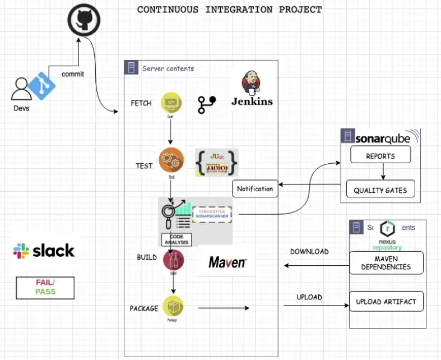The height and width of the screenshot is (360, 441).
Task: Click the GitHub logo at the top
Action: (83, 21)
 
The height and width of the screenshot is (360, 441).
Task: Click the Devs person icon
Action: (21, 89)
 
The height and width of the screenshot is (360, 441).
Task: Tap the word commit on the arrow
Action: (73, 74)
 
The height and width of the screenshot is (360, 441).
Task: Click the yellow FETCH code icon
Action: (171, 103)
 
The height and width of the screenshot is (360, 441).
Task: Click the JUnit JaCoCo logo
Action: (216, 163)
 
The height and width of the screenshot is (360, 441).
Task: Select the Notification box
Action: (255, 189)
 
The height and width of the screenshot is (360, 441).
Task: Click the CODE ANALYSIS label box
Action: (177, 239)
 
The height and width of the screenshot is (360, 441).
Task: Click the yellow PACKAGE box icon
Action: (173, 306)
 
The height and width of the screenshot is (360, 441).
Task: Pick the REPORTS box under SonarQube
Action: (380, 156)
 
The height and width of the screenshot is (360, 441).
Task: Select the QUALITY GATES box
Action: (380, 190)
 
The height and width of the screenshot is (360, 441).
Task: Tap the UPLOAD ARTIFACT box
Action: (386, 302)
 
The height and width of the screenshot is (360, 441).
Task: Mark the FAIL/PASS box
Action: (45, 287)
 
